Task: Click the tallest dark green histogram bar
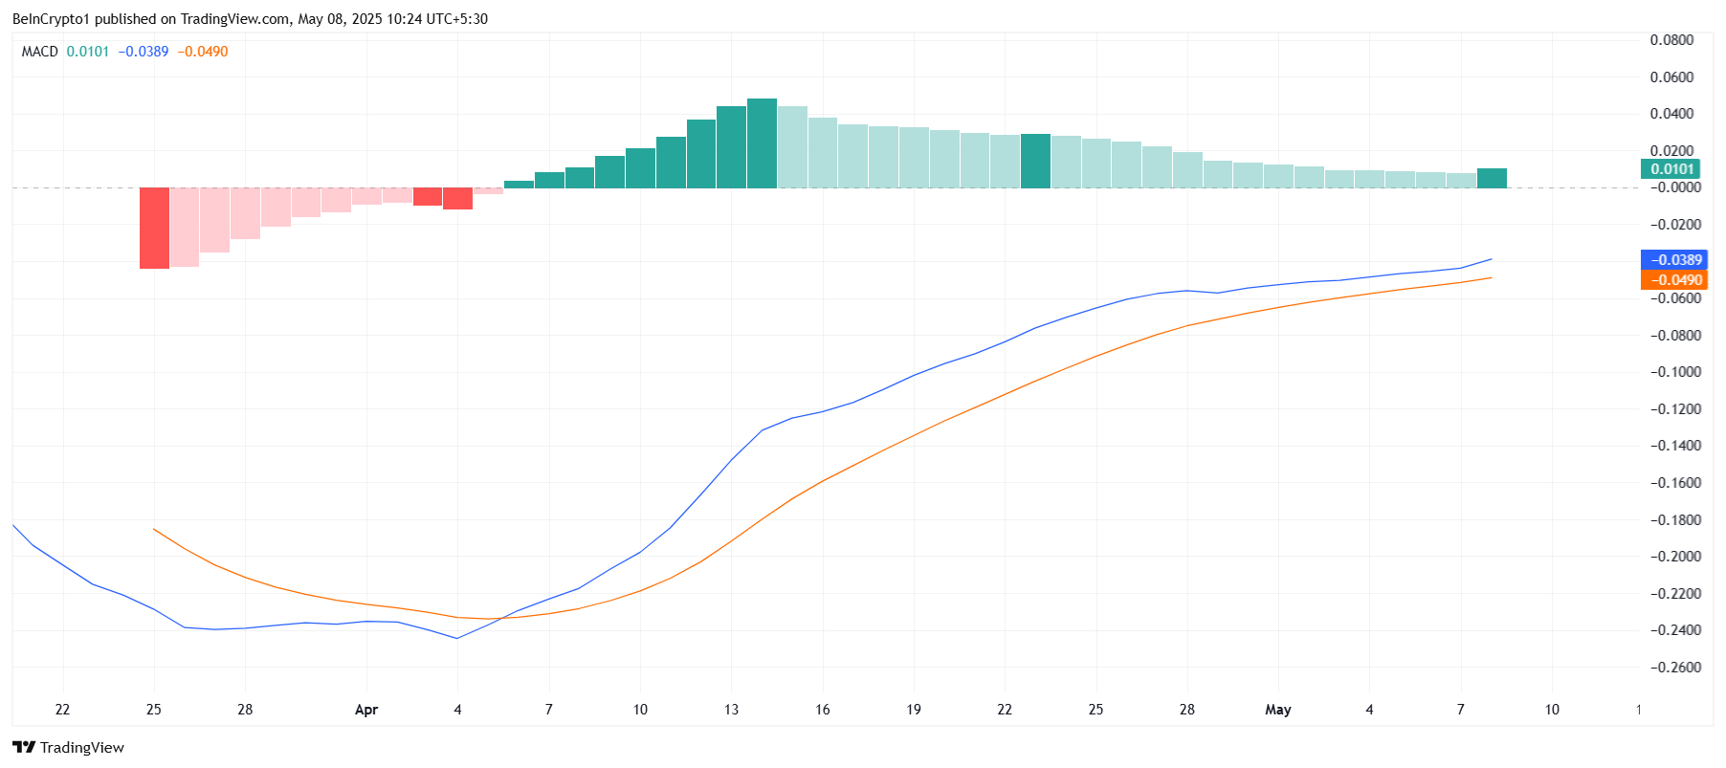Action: pos(762,143)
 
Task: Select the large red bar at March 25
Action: pos(154,228)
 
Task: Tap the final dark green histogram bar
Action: pos(1492,178)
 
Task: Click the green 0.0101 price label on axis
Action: pos(1671,169)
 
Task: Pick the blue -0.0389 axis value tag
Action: pos(1672,260)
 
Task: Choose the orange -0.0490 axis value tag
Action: pos(1672,280)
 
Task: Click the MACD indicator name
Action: pos(40,52)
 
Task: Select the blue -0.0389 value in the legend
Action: pos(144,52)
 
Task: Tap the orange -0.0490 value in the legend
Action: pos(203,52)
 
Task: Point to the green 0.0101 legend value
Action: pos(88,52)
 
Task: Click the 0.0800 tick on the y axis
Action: pos(1671,40)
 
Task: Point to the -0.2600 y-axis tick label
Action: pos(1671,668)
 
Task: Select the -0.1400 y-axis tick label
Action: pos(1671,446)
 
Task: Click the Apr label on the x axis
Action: pos(366,710)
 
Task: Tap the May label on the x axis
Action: pos(1278,710)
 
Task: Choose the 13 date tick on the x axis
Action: pos(732,710)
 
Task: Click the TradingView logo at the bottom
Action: pos(69,747)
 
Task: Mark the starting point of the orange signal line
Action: pos(154,529)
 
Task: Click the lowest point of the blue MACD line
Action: pos(456,638)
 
